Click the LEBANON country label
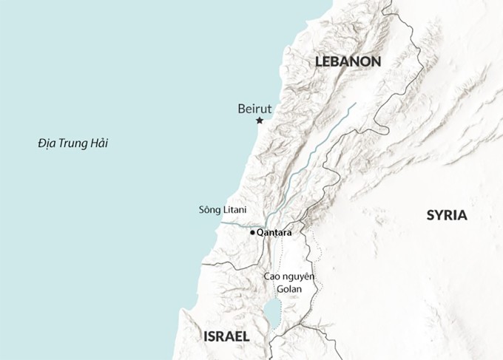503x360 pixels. click(x=347, y=61)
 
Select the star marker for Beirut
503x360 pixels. click(x=260, y=120)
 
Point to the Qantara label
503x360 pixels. click(x=274, y=233)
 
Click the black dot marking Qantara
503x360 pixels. click(x=252, y=233)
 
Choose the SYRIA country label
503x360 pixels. click(x=447, y=215)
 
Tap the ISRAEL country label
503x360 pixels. click(x=226, y=336)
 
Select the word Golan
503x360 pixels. click(x=289, y=288)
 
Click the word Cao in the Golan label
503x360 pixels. click(x=272, y=276)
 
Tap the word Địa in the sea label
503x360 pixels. click(x=47, y=143)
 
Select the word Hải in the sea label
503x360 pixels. click(x=99, y=143)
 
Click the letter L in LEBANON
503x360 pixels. click(x=319, y=61)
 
